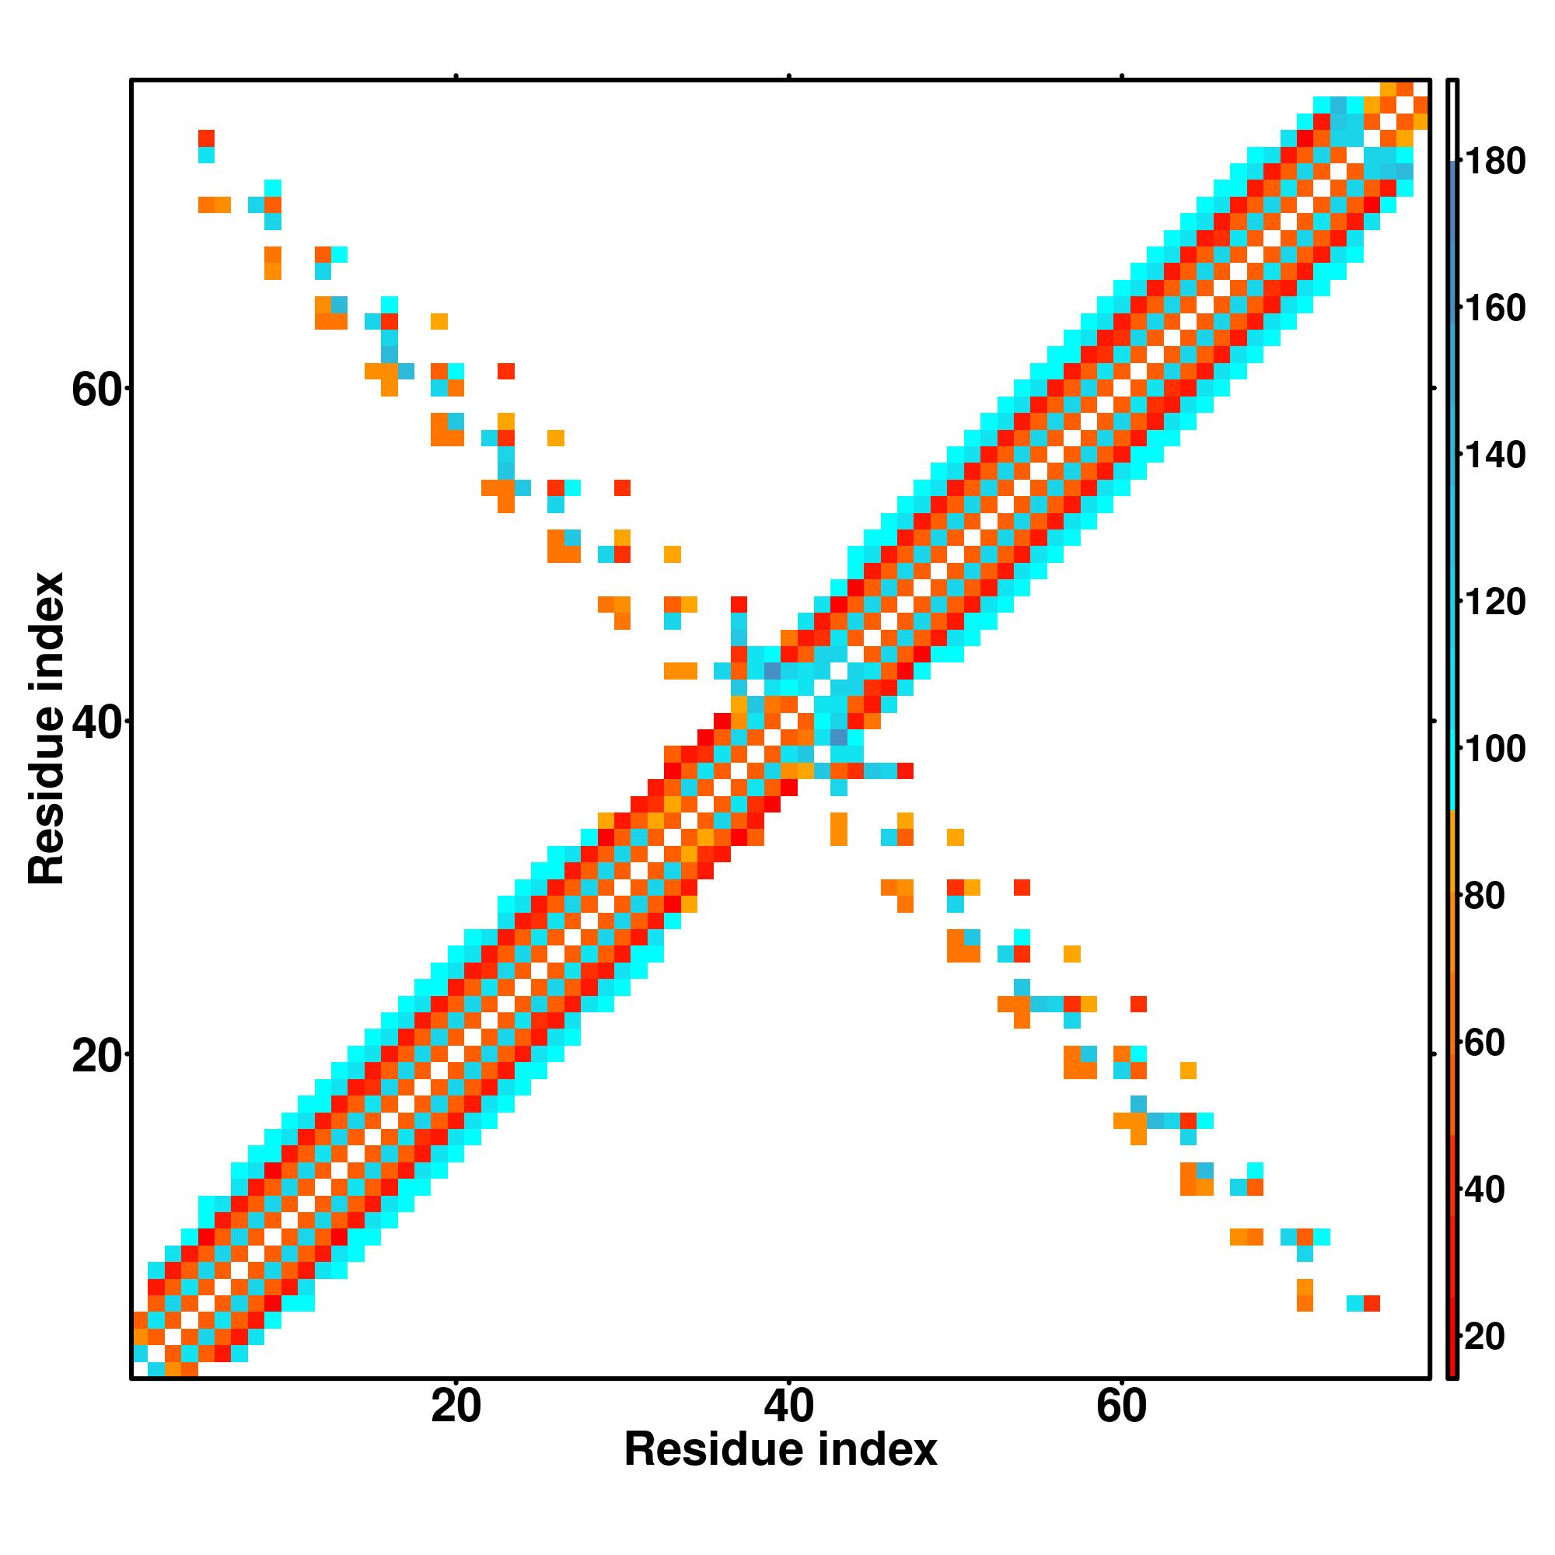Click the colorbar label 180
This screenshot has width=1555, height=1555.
pyautogui.click(x=1494, y=162)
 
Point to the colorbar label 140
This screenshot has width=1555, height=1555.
pyautogui.click(x=1494, y=456)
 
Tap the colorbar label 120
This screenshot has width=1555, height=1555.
pyautogui.click(x=1494, y=602)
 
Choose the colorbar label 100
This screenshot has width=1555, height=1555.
pyautogui.click(x=1494, y=750)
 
